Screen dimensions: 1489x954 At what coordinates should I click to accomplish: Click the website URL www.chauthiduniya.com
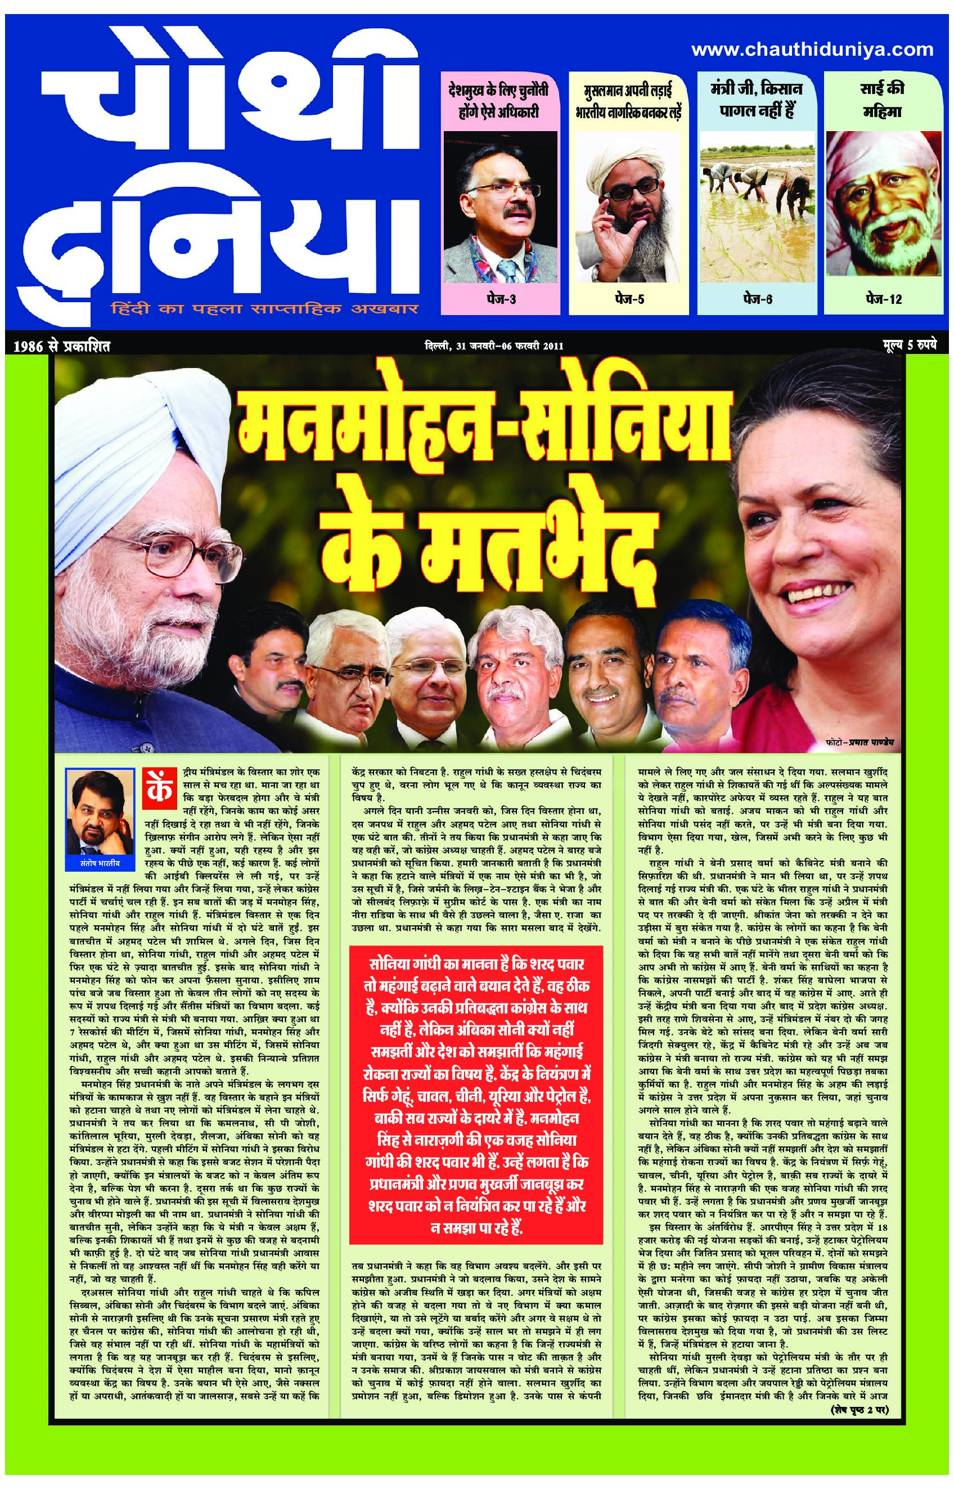click(812, 49)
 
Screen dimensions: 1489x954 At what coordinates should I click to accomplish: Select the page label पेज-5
click(629, 299)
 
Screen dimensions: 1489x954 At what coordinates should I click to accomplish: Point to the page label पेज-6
click(757, 299)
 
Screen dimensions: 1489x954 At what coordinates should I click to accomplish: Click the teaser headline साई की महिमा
click(882, 100)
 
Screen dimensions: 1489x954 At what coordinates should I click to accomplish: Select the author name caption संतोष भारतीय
click(99, 860)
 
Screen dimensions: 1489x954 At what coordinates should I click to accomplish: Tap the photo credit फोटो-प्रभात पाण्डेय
click(861, 741)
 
